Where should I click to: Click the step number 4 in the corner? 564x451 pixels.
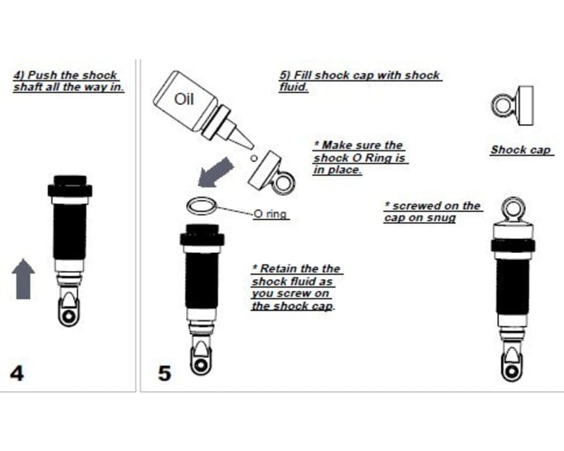click(x=17, y=372)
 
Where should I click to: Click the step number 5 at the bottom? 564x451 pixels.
click(x=164, y=372)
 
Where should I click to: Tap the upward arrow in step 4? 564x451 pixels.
click(x=24, y=278)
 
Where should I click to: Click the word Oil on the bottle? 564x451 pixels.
click(x=183, y=99)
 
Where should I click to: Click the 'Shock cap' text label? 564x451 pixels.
click(x=521, y=150)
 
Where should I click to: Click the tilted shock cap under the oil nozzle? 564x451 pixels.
click(x=271, y=171)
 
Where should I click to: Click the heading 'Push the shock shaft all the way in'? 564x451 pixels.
click(x=68, y=81)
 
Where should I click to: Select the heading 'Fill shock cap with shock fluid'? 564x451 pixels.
click(x=360, y=81)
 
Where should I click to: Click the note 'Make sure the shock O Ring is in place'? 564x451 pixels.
click(x=360, y=157)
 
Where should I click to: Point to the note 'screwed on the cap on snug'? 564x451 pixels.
click(x=432, y=211)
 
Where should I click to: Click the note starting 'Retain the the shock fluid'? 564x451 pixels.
click(x=295, y=288)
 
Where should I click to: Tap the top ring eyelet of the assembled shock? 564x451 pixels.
click(x=511, y=209)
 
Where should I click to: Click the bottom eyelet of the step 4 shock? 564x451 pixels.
click(x=69, y=316)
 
